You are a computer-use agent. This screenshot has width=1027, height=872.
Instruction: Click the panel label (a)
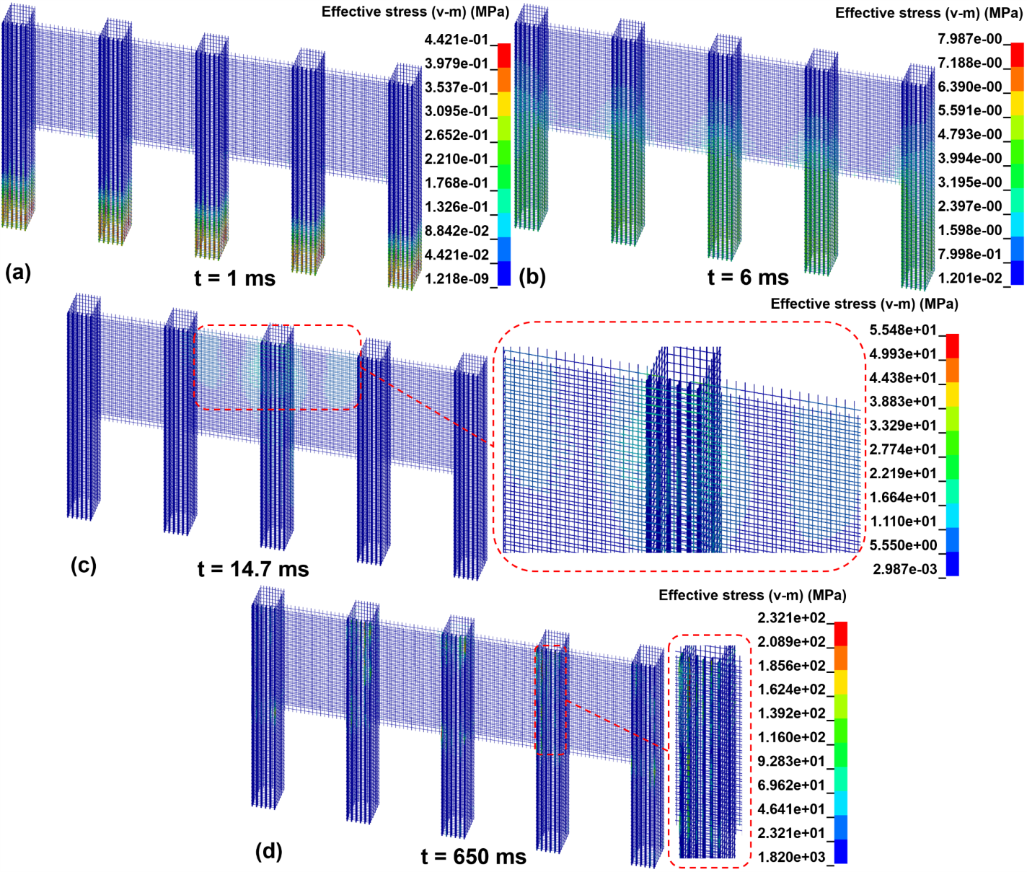pos(18,273)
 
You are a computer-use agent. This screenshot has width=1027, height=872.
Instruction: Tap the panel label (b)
pos(532,276)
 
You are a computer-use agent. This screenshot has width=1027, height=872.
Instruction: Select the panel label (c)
pos(84,565)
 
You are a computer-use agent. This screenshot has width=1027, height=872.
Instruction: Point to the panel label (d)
pos(269,852)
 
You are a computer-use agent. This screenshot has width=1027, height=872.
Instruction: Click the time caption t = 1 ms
pos(234,278)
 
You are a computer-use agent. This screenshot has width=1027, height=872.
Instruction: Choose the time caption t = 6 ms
pos(748,278)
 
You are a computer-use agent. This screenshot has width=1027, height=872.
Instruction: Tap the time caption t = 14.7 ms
pos(253,569)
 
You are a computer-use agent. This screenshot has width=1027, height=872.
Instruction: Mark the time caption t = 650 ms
pos(473,857)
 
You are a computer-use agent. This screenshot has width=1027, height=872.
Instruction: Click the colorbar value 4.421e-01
pos(456,40)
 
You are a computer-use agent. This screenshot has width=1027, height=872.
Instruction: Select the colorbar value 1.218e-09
pos(456,278)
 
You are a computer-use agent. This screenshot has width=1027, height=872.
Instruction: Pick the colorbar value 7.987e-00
pos(970,39)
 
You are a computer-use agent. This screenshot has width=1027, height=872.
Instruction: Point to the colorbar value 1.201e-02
pos(970,278)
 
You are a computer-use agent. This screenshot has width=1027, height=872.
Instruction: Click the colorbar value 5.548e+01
pos(903,330)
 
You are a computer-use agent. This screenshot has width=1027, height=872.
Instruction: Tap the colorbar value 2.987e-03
pos(904,569)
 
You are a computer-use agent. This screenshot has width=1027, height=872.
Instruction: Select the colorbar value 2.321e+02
pos(791,617)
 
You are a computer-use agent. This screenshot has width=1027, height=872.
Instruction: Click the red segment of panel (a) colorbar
pos(503,56)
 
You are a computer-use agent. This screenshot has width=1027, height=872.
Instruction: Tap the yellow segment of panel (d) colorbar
pos(840,682)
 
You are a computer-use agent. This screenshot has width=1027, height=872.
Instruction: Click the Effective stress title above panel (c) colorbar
pos(864,304)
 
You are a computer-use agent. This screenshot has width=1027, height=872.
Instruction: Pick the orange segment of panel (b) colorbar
pos(1017,79)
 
